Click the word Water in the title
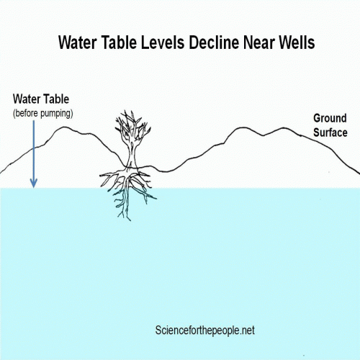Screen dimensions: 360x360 click(78, 42)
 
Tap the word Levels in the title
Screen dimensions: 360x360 click(163, 42)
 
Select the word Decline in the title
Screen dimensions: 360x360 click(214, 42)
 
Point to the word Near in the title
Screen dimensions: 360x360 click(259, 42)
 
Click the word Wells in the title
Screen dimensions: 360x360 click(297, 42)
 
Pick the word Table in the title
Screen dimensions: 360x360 click(119, 42)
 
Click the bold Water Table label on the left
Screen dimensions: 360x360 click(41, 99)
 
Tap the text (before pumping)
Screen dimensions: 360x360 click(43, 113)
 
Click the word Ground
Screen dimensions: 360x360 click(330, 118)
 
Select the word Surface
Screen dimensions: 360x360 click(330, 132)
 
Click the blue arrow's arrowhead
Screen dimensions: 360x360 click(34, 184)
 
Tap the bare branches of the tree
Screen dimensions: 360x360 click(132, 127)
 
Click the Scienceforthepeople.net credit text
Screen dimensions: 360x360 click(204, 330)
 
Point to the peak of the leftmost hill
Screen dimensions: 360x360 click(63, 127)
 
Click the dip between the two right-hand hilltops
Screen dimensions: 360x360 click(264, 135)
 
